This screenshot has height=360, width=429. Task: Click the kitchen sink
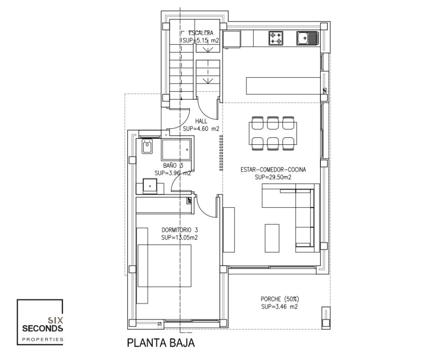click(308, 38)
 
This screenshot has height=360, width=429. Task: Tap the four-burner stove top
click(276, 38)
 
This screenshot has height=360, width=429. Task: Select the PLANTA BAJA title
click(161, 343)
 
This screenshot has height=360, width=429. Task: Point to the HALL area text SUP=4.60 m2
click(201, 128)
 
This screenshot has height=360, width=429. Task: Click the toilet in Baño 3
click(147, 146)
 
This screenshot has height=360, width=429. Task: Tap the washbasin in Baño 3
click(150, 186)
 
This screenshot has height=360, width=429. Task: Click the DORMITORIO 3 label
click(179, 230)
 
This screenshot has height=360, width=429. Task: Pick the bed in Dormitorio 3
click(164, 265)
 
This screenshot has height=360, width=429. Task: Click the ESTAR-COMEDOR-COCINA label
click(273, 170)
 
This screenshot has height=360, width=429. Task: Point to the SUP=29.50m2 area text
click(273, 177)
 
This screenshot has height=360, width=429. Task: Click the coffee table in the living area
click(272, 238)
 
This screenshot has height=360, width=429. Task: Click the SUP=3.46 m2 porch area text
click(279, 307)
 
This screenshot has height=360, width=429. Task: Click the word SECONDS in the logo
click(43, 328)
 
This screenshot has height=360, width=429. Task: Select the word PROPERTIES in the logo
click(43, 339)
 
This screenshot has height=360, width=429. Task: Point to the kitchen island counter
click(283, 85)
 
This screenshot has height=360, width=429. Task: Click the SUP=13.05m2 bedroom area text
click(179, 238)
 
